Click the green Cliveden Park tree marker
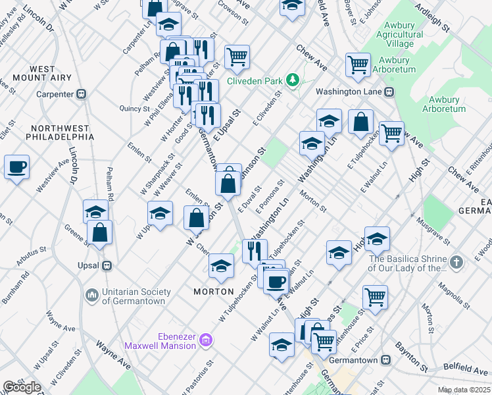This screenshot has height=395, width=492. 293,81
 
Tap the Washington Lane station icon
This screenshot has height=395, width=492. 389,92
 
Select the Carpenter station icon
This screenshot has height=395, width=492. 82,94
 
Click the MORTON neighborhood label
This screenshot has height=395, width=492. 214,291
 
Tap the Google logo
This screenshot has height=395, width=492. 22,387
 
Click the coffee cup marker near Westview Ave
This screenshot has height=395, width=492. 16,167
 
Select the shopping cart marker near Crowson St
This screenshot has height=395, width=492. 237,56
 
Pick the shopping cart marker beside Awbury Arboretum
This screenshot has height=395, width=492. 358,64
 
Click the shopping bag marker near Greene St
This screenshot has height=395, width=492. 99,232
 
